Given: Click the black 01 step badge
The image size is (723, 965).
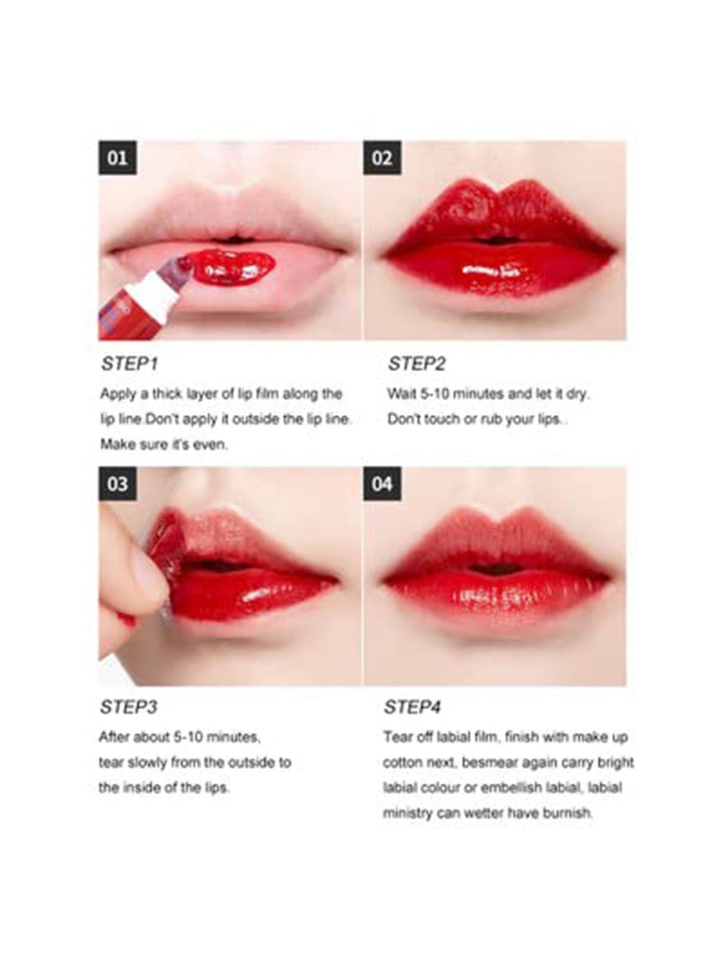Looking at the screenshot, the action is coord(117,158).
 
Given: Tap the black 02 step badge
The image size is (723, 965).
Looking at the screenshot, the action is coord(382,158).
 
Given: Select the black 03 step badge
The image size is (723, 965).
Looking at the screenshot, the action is coord(117,484).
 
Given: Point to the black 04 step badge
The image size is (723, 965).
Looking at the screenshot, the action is coord(382,484).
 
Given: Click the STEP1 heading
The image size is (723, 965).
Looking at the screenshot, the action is coord(129,364).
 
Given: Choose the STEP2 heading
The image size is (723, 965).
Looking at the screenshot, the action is coord(416,364).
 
